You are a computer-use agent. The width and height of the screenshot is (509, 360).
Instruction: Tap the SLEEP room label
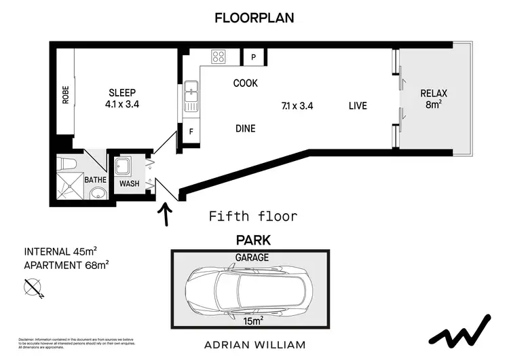point(122,93)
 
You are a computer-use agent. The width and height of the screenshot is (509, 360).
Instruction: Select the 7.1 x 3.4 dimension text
point(297,106)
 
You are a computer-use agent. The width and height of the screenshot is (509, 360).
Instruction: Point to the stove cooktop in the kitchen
point(218,57)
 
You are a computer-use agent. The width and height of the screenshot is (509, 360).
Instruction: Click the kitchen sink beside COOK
point(191,96)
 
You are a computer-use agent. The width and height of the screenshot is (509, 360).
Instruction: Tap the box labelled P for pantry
point(253,58)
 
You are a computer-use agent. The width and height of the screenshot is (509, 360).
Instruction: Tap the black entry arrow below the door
point(164,215)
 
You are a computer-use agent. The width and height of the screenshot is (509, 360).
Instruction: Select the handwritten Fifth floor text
point(252,217)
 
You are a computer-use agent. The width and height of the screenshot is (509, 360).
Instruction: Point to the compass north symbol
point(32,289)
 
